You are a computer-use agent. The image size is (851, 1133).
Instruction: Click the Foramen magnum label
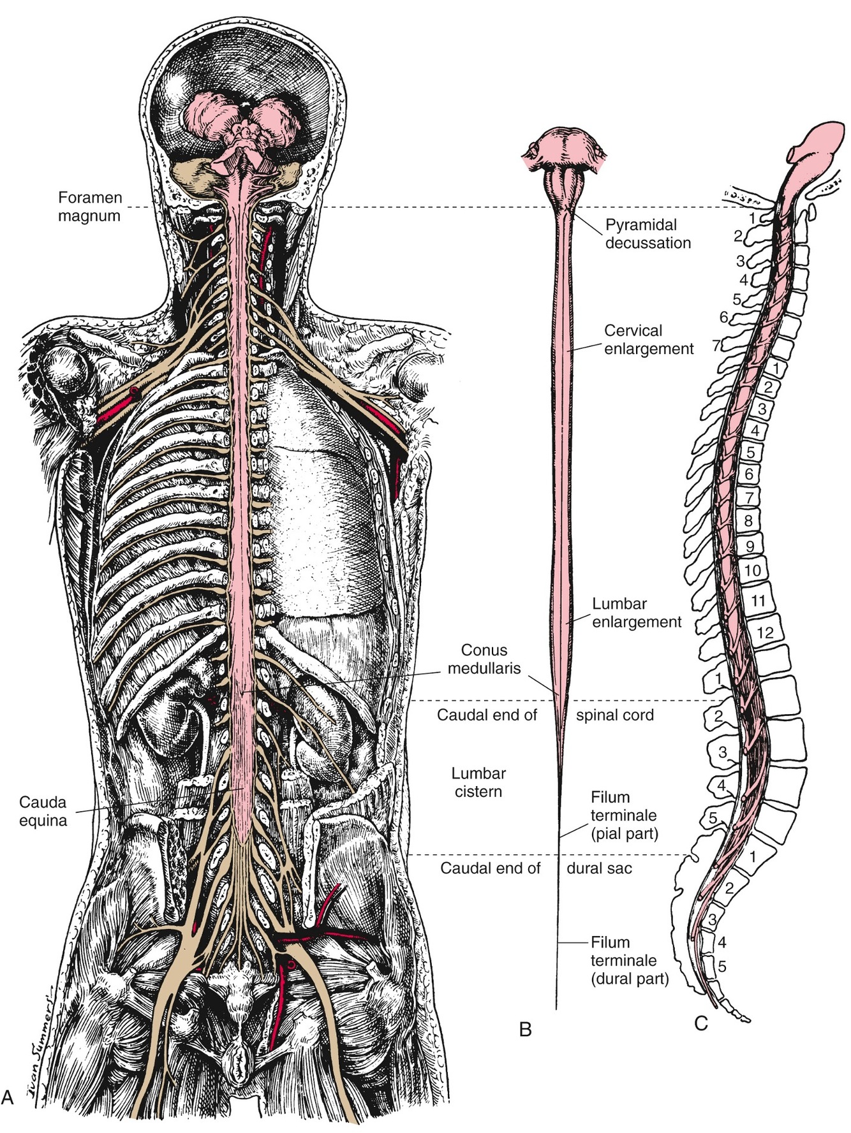click(89, 207)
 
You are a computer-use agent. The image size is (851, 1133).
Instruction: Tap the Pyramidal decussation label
click(647, 234)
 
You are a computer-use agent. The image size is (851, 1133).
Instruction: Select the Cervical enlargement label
click(649, 340)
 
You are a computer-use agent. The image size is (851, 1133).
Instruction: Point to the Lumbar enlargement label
click(637, 613)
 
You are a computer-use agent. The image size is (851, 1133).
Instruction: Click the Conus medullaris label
click(484, 659)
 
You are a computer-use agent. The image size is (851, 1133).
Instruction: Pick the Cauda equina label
click(43, 812)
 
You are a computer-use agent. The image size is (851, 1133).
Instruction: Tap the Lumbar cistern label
click(478, 782)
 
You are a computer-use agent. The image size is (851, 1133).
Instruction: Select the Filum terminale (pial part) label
click(624, 815)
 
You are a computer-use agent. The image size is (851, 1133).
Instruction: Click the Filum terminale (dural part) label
click(629, 960)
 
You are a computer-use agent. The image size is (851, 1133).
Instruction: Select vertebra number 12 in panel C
click(765, 632)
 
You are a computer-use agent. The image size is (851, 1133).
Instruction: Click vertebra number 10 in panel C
click(753, 569)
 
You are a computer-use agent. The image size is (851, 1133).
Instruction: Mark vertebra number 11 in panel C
click(758, 600)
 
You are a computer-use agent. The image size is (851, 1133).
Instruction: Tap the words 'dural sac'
click(599, 868)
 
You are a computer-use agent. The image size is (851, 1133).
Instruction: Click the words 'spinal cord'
click(615, 715)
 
